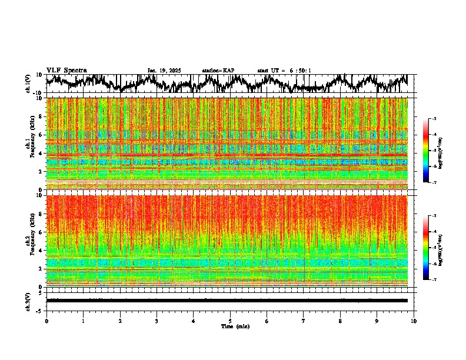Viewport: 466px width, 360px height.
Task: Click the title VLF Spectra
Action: click(x=66, y=71)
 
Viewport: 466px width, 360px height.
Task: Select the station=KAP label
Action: click(x=218, y=71)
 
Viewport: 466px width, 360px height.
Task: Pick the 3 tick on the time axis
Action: click(x=157, y=321)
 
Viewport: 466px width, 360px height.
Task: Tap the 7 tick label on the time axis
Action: click(x=304, y=321)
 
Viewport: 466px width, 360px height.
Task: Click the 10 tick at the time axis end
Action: click(x=414, y=321)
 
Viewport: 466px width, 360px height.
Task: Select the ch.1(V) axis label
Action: click(x=28, y=84)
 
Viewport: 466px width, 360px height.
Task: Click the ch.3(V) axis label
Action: click(x=28, y=301)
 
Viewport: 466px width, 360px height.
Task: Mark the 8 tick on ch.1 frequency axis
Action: click(x=41, y=116)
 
